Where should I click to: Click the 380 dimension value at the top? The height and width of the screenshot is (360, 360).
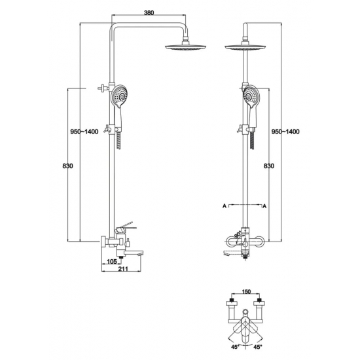[x=149, y=13]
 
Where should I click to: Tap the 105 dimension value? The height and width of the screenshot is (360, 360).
[x=112, y=262]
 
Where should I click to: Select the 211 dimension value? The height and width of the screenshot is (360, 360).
[x=123, y=269]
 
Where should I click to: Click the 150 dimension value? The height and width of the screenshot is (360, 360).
[x=246, y=291]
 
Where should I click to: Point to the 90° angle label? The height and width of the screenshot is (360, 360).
[x=238, y=234]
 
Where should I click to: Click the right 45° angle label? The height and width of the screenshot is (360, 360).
[x=258, y=353]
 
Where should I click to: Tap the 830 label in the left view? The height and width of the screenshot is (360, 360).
[x=67, y=166]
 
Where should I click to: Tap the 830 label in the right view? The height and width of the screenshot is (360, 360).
[x=268, y=166]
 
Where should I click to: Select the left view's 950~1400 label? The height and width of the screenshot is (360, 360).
[x=84, y=132]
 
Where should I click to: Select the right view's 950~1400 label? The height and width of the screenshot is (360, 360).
[x=285, y=132]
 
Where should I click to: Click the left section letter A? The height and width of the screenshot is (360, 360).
[x=225, y=206]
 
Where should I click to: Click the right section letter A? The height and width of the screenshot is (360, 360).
[x=264, y=206]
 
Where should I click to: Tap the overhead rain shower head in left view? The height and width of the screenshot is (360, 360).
[x=185, y=47]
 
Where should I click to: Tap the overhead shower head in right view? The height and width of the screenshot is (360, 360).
[x=245, y=47]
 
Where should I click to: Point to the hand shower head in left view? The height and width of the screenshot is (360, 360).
[x=120, y=96]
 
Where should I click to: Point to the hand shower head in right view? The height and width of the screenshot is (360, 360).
[x=251, y=96]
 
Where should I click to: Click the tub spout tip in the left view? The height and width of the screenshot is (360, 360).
[x=141, y=254]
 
